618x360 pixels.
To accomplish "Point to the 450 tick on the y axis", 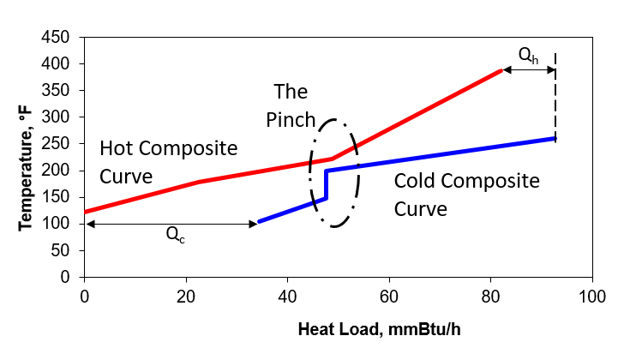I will tap(62, 38).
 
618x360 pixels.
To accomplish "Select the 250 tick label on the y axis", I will tap(62, 143).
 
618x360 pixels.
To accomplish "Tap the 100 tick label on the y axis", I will tap(62, 224).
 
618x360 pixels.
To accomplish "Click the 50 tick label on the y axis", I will tap(65, 250).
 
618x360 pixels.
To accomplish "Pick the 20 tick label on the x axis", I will tap(186, 296).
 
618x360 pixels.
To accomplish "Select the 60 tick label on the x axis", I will tap(389, 296).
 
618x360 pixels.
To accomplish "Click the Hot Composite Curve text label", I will tap(168, 161).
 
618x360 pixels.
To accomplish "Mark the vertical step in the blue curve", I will tap(326, 184).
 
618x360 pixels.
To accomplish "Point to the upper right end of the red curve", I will tap(501, 71).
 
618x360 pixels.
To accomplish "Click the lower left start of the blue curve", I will tap(259, 222).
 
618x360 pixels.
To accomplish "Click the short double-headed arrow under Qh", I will tap(529, 71).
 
